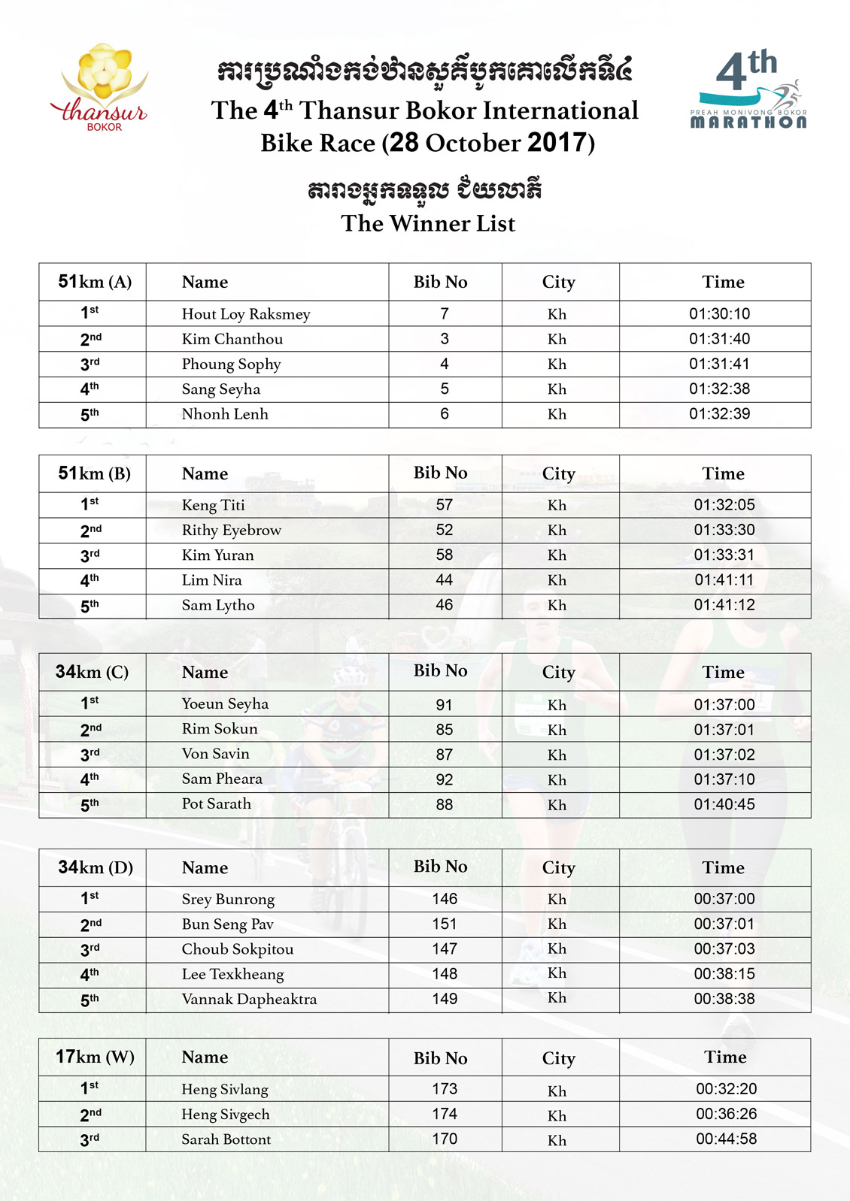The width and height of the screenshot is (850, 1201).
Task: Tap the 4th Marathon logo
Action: tap(748, 90)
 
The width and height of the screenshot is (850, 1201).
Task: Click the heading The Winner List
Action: tap(428, 223)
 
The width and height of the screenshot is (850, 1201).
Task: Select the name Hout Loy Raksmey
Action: tap(246, 314)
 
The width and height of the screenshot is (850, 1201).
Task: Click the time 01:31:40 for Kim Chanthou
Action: tap(719, 339)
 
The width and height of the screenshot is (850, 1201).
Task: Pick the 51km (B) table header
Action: tap(94, 473)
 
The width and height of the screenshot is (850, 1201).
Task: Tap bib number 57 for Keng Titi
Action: tap(444, 505)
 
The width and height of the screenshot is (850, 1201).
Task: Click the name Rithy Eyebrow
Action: tap(231, 530)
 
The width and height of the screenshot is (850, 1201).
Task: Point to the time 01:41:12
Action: tap(724, 605)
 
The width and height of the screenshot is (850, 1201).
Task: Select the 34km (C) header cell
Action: tap(92, 672)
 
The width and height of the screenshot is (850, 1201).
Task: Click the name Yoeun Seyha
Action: tap(225, 704)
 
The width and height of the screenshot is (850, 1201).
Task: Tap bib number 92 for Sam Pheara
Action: tap(444, 779)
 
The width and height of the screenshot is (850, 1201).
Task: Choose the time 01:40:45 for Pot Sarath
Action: tap(724, 804)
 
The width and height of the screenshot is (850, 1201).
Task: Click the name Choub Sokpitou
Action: tap(237, 949)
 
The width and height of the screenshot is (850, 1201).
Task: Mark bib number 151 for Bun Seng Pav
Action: tap(444, 924)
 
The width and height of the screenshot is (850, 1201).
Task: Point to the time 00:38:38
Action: tap(724, 999)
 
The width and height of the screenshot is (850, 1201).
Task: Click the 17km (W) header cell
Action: tap(95, 1057)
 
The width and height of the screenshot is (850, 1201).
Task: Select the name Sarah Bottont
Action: tap(226, 1139)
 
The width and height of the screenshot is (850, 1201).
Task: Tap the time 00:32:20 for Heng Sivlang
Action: tap(726, 1089)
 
